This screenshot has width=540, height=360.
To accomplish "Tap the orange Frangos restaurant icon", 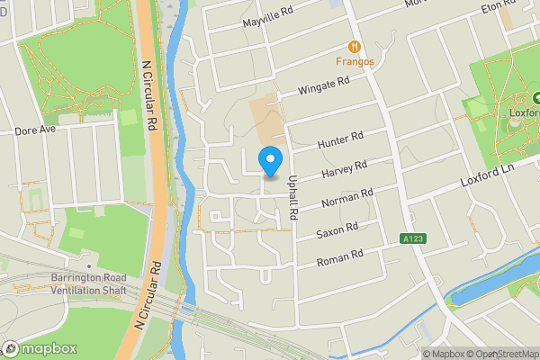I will coord(355,47).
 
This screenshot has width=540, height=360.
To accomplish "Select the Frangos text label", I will coord(355,62).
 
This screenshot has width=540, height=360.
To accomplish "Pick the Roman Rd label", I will coord(338,259).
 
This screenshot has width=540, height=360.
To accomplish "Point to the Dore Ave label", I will coord(35,130).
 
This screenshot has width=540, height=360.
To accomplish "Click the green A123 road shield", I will coord(411,238).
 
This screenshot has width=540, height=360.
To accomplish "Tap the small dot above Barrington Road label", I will coord(89,266).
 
